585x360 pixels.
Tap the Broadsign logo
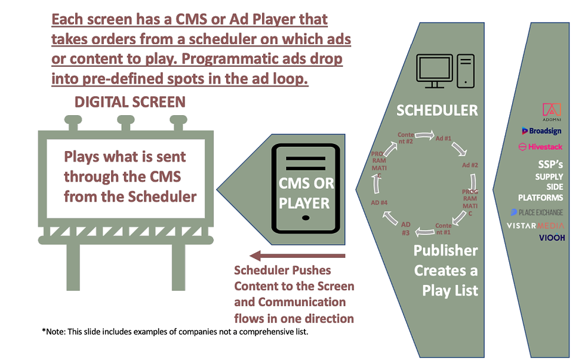tap(541, 131)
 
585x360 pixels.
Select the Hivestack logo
tap(541, 146)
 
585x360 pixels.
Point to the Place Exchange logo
tap(537, 212)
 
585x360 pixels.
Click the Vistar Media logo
tap(535, 226)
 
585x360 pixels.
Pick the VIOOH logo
tap(552, 238)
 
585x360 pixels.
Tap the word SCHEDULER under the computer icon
tap(438, 110)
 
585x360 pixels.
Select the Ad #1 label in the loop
tap(443, 139)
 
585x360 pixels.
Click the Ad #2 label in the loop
tap(471, 165)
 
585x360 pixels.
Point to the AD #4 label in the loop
tap(380, 203)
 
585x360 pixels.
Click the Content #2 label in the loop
tap(406, 139)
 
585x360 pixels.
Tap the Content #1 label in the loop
tap(443, 229)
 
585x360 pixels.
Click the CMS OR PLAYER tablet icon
tap(305, 189)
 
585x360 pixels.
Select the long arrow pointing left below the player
tap(298, 256)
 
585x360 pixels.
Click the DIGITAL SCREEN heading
tap(130, 101)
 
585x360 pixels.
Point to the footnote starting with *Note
tap(175, 331)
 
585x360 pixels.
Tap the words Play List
tap(450, 291)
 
